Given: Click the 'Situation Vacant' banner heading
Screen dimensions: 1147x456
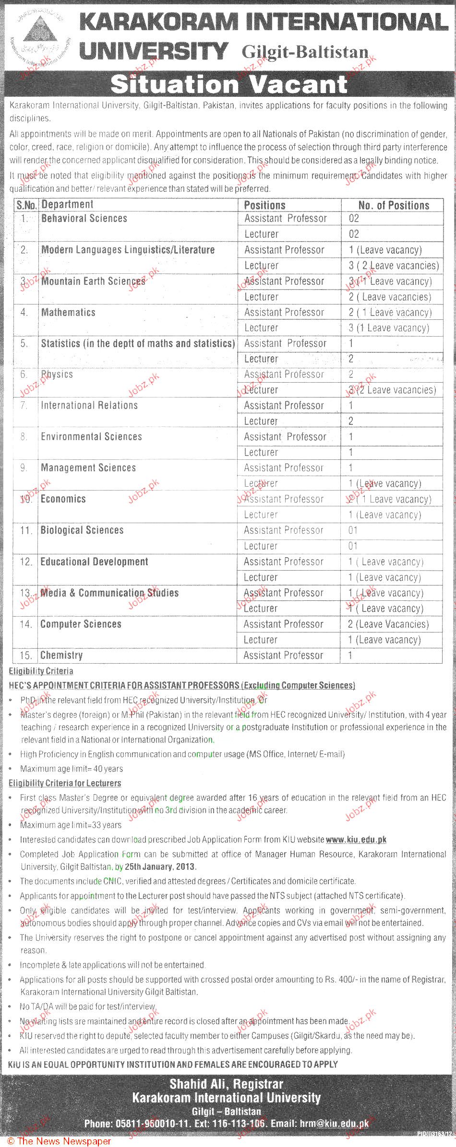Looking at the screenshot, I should pyautogui.click(x=228, y=85).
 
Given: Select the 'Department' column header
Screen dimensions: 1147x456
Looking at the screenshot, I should pyautogui.click(x=67, y=205).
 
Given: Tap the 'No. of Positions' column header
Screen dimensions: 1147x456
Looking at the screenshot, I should pyautogui.click(x=394, y=205).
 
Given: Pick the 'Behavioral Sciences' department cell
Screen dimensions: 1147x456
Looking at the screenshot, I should pyautogui.click(x=84, y=219).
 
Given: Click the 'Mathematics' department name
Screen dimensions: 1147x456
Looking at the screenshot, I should pyautogui.click(x=68, y=313).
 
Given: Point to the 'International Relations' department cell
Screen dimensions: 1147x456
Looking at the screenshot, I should pyautogui.click(x=89, y=406).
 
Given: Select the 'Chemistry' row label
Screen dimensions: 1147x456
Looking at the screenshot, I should pyautogui.click(x=61, y=655).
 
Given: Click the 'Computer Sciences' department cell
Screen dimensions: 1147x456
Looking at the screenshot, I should pyautogui.click(x=81, y=624).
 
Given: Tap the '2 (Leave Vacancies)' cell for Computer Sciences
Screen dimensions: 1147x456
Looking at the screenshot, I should pyautogui.click(x=388, y=624).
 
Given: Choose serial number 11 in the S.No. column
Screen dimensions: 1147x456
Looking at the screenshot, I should pyautogui.click(x=26, y=530).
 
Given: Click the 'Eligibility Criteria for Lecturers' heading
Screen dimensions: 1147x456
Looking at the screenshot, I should pyautogui.click(x=65, y=783).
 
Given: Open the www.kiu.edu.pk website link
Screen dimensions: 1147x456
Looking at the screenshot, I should pyautogui.click(x=356, y=840).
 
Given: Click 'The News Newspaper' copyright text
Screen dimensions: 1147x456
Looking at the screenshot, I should pyautogui.click(x=59, y=1141).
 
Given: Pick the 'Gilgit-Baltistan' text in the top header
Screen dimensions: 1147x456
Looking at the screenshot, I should pyautogui.click(x=305, y=52).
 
